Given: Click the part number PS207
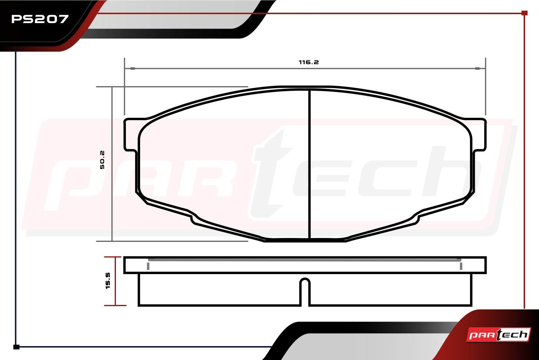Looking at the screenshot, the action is tap(40, 19).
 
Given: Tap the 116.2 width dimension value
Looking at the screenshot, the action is tap(309, 62).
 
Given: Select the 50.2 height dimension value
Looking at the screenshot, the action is tap(102, 160).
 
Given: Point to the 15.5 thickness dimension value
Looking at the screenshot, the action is tap(108, 281).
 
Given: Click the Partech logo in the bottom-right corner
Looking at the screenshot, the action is tap(499, 335).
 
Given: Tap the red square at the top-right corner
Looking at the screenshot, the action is tap(524, 13).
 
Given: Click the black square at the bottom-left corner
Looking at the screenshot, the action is tap(16, 347).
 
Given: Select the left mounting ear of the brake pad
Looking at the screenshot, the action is tap(131, 135).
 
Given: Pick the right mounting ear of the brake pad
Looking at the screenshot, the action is tap(479, 135).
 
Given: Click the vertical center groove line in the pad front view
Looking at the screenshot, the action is tap(310, 164).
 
